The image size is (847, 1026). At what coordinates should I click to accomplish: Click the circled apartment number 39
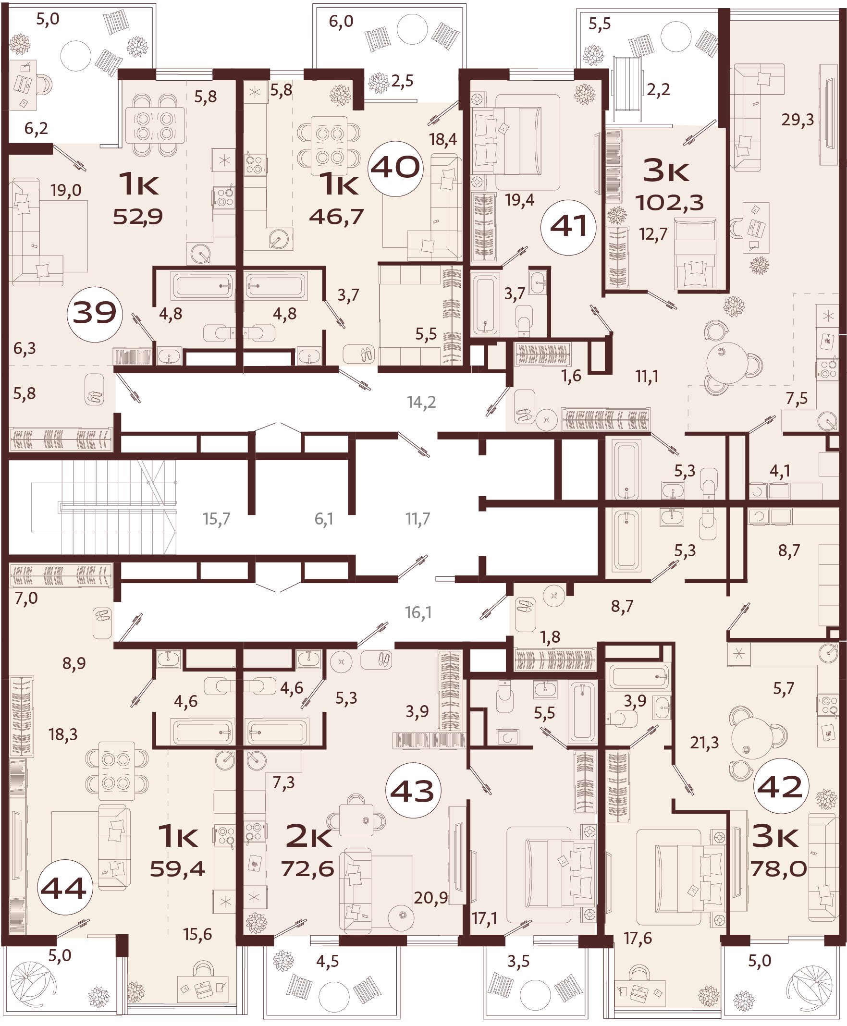click(94, 313)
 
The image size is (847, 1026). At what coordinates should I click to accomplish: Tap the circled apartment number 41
click(568, 227)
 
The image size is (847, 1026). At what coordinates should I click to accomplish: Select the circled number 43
click(413, 790)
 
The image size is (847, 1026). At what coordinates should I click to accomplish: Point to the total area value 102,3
click(669, 202)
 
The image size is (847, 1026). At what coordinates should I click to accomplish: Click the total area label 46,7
click(337, 216)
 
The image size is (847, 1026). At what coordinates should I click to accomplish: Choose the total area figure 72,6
click(307, 868)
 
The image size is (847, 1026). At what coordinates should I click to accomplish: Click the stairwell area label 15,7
click(216, 519)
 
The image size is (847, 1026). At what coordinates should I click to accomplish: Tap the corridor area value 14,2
click(421, 403)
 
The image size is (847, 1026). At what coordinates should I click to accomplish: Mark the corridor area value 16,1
click(418, 612)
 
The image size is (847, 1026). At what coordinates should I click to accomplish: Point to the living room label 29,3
click(797, 120)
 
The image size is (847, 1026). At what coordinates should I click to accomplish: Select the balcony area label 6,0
click(341, 22)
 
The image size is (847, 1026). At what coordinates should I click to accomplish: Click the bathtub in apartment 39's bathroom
click(201, 285)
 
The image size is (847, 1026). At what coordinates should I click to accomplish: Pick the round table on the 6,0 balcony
click(412, 29)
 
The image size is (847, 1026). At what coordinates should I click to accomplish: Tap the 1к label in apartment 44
click(179, 836)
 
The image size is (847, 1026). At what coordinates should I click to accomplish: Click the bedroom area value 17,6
click(638, 938)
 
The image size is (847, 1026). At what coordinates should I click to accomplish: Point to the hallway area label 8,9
click(74, 663)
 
